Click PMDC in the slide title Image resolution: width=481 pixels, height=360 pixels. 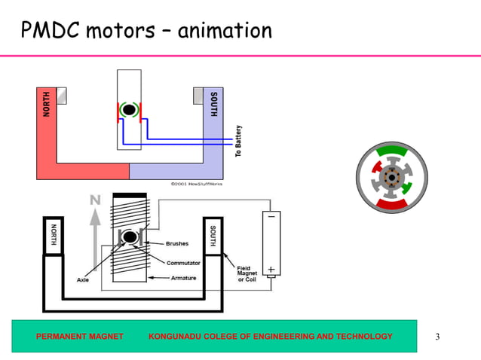51,31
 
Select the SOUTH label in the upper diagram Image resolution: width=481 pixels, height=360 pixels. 214,103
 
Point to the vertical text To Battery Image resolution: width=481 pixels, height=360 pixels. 238,141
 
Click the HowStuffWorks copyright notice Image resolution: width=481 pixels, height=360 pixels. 196,183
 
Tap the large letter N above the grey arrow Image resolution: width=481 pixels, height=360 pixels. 95,200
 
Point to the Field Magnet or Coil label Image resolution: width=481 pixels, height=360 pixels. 250,274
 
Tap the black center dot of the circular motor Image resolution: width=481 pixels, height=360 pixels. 390,177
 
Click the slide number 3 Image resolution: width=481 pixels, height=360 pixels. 437,336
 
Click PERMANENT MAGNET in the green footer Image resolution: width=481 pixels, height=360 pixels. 80,336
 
